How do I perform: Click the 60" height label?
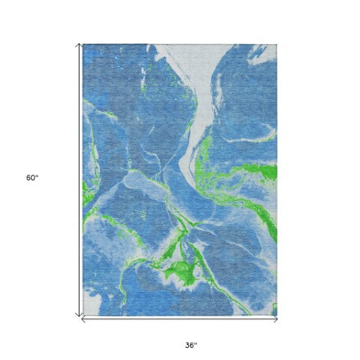pos(31,178)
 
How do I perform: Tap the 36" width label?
pos(190,345)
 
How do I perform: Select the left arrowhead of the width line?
pos(82,319)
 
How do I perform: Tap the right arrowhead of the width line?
pos(276,319)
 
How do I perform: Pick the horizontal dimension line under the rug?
pos(180,319)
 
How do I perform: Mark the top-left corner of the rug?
pos(83,44)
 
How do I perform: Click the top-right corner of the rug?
pos(277,44)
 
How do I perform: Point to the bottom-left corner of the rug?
pos(83,315)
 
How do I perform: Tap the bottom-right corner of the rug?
pos(277,315)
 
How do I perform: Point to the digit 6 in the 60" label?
pos(28,178)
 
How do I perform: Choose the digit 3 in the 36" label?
pos(187,345)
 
